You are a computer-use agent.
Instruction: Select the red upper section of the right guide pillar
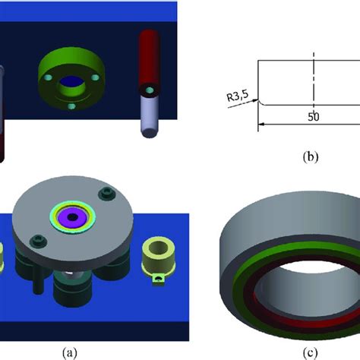pyautogui.click(x=148, y=57)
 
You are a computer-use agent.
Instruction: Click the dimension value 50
pyautogui.click(x=313, y=118)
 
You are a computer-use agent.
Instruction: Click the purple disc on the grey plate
pyautogui.click(x=72, y=217)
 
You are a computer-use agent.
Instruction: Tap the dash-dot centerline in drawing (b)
pyautogui.click(x=313, y=84)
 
